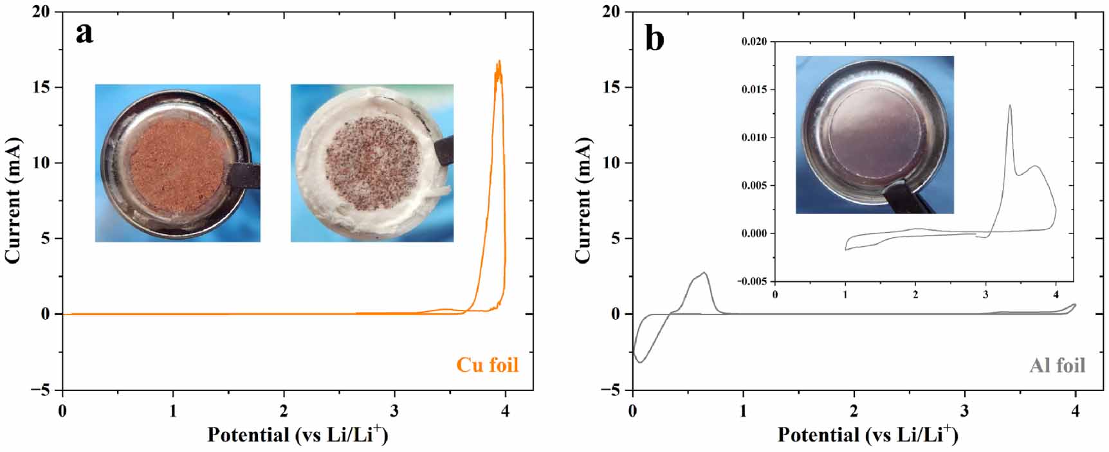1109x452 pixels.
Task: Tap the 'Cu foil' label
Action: [487, 365]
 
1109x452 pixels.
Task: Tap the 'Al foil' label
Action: [1057, 366]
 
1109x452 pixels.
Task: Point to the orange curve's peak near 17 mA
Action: [499, 62]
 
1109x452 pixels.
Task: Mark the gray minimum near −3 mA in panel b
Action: [640, 363]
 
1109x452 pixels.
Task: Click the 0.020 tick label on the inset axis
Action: [754, 42]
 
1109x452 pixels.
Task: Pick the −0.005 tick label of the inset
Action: [752, 281]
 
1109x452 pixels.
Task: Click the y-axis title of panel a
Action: [13, 201]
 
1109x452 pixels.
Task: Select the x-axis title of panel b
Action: [867, 435]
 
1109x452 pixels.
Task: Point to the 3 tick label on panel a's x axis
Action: [394, 411]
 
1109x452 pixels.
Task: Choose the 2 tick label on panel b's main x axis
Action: [854, 411]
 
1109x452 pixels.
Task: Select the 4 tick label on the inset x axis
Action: [1055, 294]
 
